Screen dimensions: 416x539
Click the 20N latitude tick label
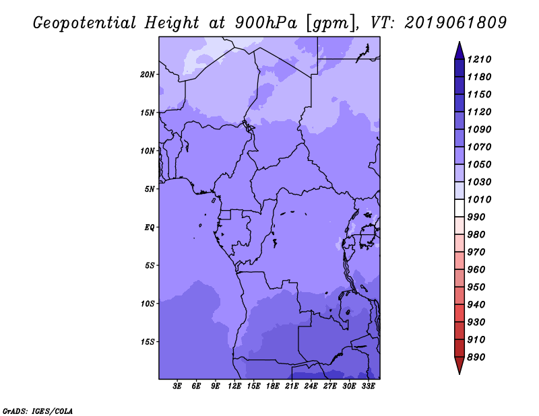pyautogui.click(x=148, y=74)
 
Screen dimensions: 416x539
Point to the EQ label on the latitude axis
pyautogui.click(x=150, y=228)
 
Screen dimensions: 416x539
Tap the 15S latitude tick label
pyautogui.click(x=148, y=342)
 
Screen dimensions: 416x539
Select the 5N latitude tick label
pyautogui.click(x=150, y=189)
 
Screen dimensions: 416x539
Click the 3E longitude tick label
pyautogui.click(x=177, y=386)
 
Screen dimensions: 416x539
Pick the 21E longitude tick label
pyautogui.click(x=292, y=386)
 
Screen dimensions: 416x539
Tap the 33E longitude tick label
pyautogui.click(x=368, y=386)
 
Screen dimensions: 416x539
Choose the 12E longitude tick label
pyautogui.click(x=234, y=386)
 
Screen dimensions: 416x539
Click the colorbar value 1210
pyautogui.click(x=481, y=59)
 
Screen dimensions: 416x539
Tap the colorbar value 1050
pyautogui.click(x=481, y=164)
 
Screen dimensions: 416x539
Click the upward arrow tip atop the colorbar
pyautogui.click(x=459, y=44)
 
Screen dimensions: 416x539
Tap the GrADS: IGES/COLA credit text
pyautogui.click(x=37, y=410)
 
